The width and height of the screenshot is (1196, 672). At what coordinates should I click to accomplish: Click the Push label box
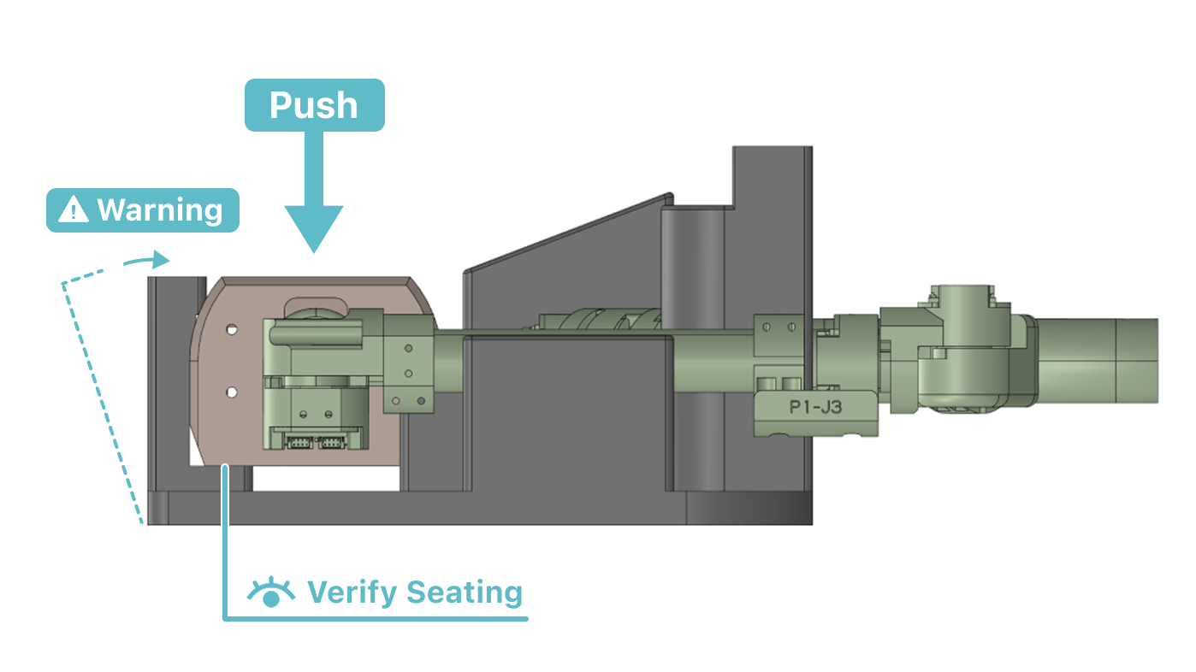315,105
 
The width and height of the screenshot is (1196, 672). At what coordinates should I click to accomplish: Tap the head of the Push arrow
314,229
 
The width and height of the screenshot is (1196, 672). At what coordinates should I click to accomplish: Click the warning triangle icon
74,209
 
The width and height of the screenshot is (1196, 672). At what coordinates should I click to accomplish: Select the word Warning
160,209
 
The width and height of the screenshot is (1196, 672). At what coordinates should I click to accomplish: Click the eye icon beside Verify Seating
271,592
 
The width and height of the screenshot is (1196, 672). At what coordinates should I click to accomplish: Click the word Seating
465,592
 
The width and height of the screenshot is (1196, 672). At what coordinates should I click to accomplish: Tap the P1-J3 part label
815,408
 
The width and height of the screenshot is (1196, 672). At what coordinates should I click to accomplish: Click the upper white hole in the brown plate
232,330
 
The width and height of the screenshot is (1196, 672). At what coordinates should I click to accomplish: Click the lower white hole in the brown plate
232,392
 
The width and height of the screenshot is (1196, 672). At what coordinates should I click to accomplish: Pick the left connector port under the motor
299,442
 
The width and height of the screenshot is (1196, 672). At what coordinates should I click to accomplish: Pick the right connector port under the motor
332,442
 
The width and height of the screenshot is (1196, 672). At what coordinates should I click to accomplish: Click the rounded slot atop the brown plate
316,306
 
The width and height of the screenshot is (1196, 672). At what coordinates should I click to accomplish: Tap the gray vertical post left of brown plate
176,383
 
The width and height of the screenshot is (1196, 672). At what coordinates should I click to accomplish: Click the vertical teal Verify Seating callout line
225,542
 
